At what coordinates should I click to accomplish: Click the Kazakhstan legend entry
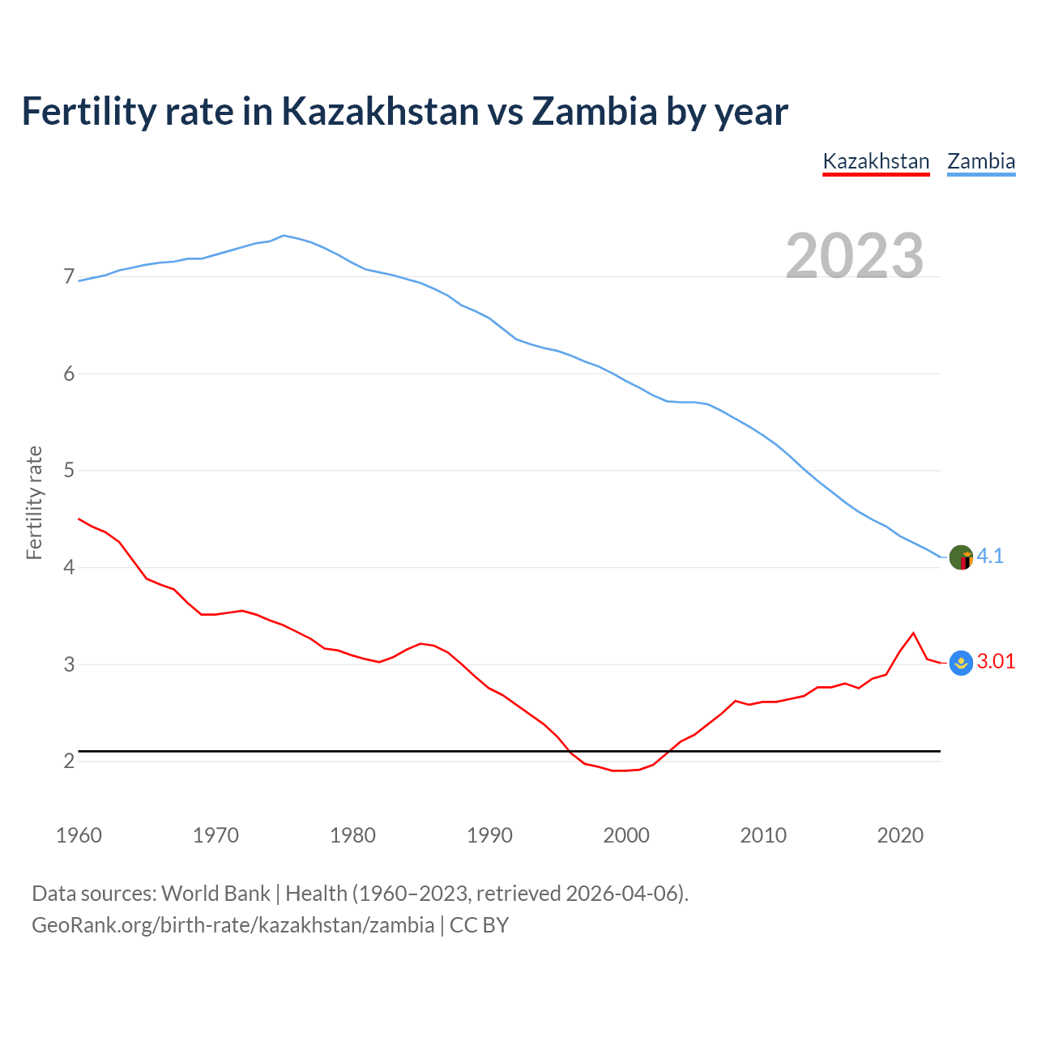click(x=876, y=161)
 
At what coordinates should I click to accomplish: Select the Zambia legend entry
click(x=981, y=161)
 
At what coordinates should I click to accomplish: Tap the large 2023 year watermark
click(x=855, y=256)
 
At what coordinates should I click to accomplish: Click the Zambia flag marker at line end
click(x=961, y=557)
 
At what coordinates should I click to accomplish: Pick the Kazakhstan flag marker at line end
click(x=961, y=663)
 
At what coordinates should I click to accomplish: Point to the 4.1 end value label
click(x=990, y=556)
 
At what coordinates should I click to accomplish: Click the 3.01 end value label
click(x=996, y=661)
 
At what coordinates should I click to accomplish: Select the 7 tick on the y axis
click(x=69, y=277)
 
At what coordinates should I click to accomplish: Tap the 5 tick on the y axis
click(x=69, y=471)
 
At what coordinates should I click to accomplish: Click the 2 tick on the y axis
click(x=69, y=762)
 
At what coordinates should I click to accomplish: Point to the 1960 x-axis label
click(x=79, y=835)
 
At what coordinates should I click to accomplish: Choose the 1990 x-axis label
click(x=489, y=835)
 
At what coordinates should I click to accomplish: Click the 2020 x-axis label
click(x=900, y=835)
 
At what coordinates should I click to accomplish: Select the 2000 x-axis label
click(x=626, y=835)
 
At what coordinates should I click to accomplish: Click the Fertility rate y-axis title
click(x=34, y=502)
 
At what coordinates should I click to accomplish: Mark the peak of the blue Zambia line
click(x=284, y=236)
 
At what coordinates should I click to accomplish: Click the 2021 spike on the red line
click(x=913, y=633)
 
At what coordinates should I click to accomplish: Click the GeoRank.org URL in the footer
click(x=233, y=925)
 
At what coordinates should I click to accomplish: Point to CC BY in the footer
click(x=479, y=925)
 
